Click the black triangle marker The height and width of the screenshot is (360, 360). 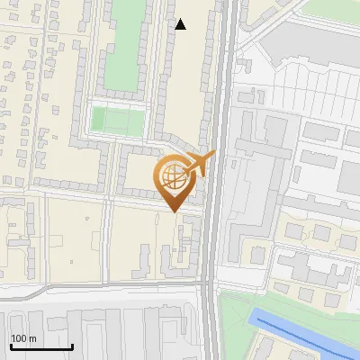pos(181,24)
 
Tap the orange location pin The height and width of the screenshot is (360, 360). pos(175,180)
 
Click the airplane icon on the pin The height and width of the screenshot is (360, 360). pos(201,164)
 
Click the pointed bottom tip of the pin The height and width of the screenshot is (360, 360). pos(175,211)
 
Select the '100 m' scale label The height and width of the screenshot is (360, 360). pos(24,338)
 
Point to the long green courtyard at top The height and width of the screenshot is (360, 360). pos(123,45)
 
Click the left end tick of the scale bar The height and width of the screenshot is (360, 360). pos(10,346)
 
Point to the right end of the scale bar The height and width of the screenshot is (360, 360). pos(72,346)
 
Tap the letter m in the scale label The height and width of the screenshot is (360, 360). pos(33,339)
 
